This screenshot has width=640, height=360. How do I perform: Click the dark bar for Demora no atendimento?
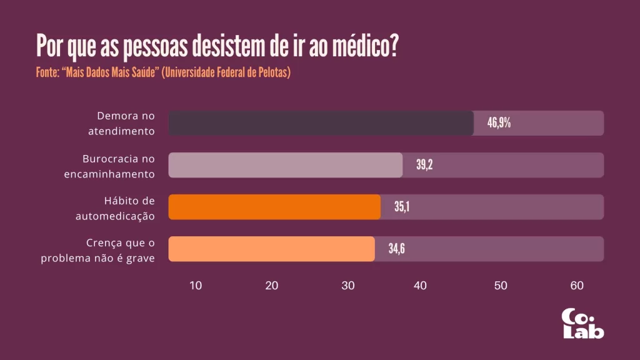pyautogui.click(x=321, y=123)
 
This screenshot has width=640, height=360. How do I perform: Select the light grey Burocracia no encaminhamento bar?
pyautogui.click(x=286, y=165)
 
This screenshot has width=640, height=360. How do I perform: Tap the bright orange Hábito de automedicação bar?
pyautogui.click(x=274, y=207)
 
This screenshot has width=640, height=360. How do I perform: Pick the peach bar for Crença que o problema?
pyautogui.click(x=272, y=249)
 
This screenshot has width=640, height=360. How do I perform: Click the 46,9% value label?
pyautogui.click(x=499, y=123)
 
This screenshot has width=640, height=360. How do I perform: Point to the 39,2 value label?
pyautogui.click(x=424, y=165)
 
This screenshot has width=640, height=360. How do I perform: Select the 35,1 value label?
pyautogui.click(x=401, y=207)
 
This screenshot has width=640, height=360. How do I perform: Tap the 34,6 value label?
pyautogui.click(x=397, y=249)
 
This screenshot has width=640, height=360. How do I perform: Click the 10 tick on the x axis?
pyautogui.click(x=196, y=286)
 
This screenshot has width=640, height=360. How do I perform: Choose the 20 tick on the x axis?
pyautogui.click(x=272, y=286)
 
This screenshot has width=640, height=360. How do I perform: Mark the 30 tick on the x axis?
pyautogui.click(x=348, y=286)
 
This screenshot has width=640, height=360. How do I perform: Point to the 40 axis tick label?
pyautogui.click(x=420, y=286)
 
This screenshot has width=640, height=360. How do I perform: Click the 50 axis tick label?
pyautogui.click(x=501, y=286)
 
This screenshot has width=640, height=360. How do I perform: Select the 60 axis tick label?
pyautogui.click(x=577, y=286)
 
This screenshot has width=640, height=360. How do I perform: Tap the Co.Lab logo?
pyautogui.click(x=582, y=324)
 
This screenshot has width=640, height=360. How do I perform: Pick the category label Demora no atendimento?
pyautogui.click(x=125, y=123)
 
